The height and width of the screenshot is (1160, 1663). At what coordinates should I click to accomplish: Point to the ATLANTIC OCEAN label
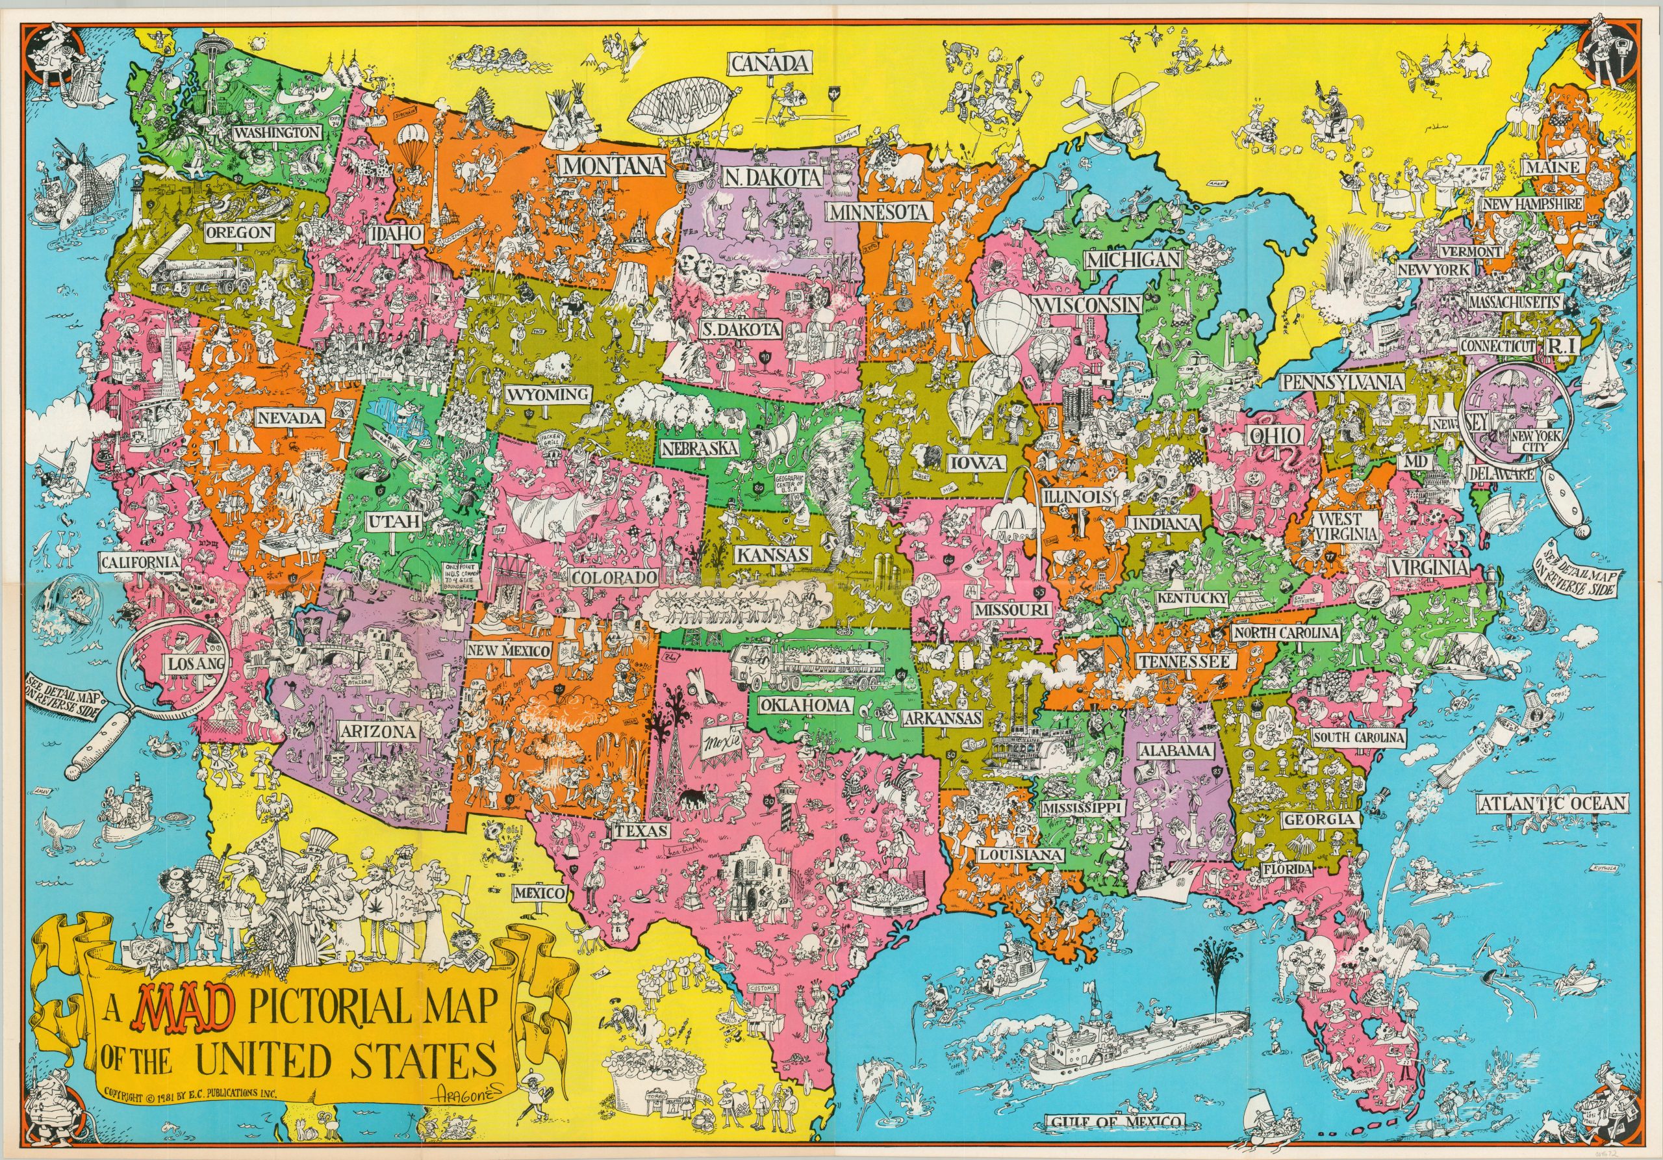1553,803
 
